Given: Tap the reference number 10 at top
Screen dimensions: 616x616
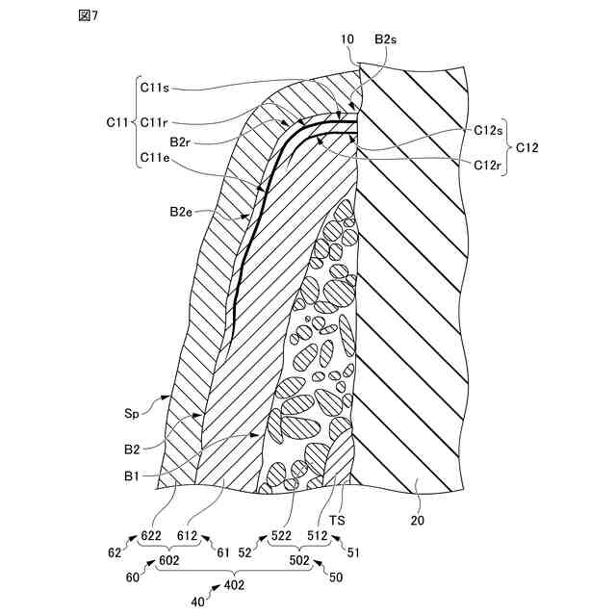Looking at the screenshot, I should tap(347, 39).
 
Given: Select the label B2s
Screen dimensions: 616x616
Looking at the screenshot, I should tap(386, 39).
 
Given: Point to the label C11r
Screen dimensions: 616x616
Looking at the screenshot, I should tap(156, 122).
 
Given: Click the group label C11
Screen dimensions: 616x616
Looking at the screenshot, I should tap(117, 122).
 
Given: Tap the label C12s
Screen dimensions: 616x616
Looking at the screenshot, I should tap(490, 130).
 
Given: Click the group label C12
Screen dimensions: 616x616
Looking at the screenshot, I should tap(526, 147).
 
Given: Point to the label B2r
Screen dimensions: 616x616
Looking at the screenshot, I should tap(183, 141).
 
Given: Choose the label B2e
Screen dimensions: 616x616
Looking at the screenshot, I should tap(183, 211).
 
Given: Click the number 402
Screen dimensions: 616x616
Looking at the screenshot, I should tap(234, 584).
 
